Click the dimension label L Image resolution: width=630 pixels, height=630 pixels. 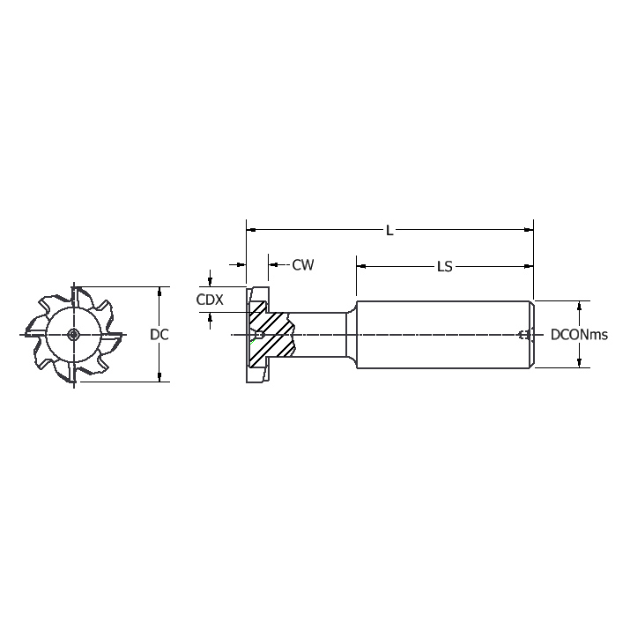[x=389, y=230]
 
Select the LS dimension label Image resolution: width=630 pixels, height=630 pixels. [x=444, y=265]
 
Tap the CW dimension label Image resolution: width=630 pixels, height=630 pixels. [x=303, y=264]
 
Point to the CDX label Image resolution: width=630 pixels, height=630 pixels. [x=209, y=300]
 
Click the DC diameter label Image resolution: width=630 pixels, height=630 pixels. [x=159, y=335]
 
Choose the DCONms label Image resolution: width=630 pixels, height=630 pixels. [x=579, y=335]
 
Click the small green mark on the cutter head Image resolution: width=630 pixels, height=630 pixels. [x=253, y=340]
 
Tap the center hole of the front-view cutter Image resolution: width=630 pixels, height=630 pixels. [x=73, y=334]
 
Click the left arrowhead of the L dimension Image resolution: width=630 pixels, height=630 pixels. [x=251, y=230]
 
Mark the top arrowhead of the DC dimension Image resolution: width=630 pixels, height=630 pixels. [x=159, y=291]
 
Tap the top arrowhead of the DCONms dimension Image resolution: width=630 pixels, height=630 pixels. [x=579, y=306]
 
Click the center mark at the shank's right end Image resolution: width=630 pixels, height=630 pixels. [x=524, y=335]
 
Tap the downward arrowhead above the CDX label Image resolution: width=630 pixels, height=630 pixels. [x=210, y=279]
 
